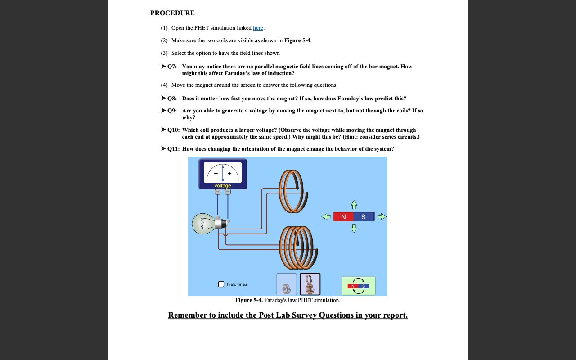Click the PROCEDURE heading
pos(172,13)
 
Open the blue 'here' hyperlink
pos(258,28)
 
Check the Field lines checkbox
pos(221,284)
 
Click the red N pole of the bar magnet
pos(343,217)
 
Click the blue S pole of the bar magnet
pos(363,217)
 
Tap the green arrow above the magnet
pos(354,205)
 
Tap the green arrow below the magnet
pos(354,229)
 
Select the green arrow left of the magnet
pos(326,217)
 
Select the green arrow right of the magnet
pos(382,217)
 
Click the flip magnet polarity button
pos(358,286)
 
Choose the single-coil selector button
pos(287,284)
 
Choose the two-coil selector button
pos(310,284)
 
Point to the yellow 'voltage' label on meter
pos(223,185)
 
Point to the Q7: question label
pos(171,67)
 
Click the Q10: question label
pos(173,130)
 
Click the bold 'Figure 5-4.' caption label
pos(249,300)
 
